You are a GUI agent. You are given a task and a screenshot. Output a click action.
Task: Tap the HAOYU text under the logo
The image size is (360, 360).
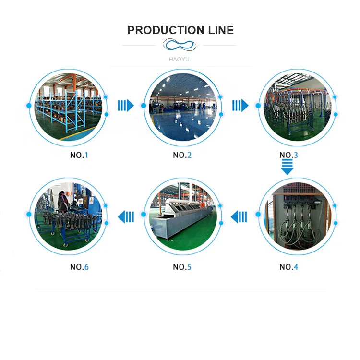(x=180, y=59)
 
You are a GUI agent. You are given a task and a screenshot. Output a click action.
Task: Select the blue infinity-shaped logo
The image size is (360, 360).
(x=180, y=45)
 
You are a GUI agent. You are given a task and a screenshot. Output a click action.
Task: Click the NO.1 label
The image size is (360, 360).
(x=80, y=155)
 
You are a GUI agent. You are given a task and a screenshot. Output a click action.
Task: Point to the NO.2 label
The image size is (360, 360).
(x=182, y=155)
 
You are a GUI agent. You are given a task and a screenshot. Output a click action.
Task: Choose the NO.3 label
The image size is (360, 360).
(x=289, y=155)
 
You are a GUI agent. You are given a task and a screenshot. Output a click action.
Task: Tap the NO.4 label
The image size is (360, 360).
(x=289, y=267)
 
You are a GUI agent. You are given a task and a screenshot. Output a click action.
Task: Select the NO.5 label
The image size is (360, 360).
(x=182, y=267)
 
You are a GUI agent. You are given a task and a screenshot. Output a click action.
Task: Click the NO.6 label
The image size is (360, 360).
(x=80, y=267)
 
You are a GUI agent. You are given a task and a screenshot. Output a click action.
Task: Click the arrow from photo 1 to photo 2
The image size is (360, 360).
(x=126, y=105)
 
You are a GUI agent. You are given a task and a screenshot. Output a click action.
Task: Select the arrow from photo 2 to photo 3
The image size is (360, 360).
(x=240, y=105)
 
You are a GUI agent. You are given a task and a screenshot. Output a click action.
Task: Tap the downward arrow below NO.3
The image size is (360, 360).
(x=287, y=168)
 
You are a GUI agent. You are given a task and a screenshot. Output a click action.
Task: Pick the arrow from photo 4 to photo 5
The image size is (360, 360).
(x=239, y=217)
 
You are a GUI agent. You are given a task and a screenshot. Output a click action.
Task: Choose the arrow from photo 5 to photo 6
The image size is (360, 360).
(x=126, y=217)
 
